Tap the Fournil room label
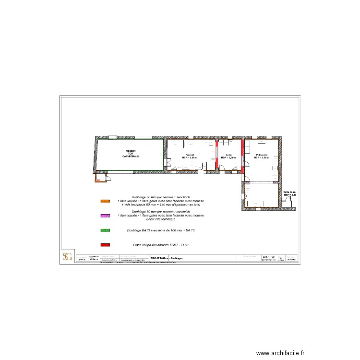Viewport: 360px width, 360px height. tap(190, 156)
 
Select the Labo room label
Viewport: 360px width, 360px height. tap(229, 156)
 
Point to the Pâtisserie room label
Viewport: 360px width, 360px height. tap(262, 156)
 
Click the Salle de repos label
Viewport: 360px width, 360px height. tap(290, 193)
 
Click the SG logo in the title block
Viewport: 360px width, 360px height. tap(67, 257)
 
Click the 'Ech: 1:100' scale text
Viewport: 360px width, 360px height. tap(267, 257)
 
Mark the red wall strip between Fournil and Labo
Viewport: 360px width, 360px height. tap(216, 155)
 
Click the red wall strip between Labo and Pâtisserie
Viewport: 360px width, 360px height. tap(243, 155)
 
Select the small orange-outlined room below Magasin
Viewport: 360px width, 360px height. tap(100, 179)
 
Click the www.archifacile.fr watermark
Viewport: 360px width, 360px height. tap(280, 353)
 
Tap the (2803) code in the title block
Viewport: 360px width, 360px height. tap(82, 259)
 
